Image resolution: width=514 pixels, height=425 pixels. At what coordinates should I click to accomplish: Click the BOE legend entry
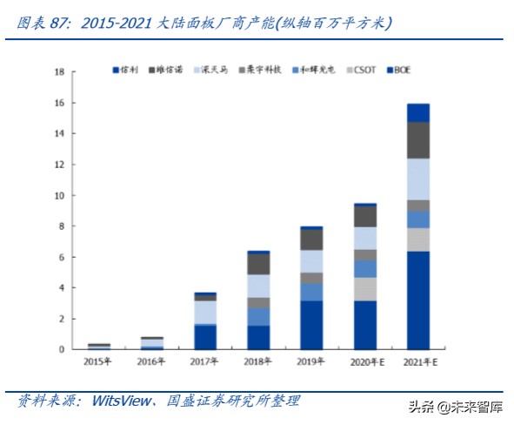pyautogui.click(x=403, y=69)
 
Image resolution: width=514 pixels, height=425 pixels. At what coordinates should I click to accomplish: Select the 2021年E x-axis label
pyautogui.click(x=417, y=361)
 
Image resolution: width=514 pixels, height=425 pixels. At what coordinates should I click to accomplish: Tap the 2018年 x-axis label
pyautogui.click(x=258, y=361)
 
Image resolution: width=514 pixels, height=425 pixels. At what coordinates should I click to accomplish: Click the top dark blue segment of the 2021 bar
pyautogui.click(x=417, y=112)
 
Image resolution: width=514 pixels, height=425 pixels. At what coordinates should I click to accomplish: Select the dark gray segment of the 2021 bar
pyautogui.click(x=417, y=139)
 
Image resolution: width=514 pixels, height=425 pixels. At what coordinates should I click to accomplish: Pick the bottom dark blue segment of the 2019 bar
pyautogui.click(x=311, y=325)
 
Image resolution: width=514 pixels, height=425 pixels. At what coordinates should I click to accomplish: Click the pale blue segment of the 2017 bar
pyautogui.click(x=205, y=312)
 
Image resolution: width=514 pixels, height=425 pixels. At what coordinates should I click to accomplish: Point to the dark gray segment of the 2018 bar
pyautogui.click(x=258, y=263)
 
